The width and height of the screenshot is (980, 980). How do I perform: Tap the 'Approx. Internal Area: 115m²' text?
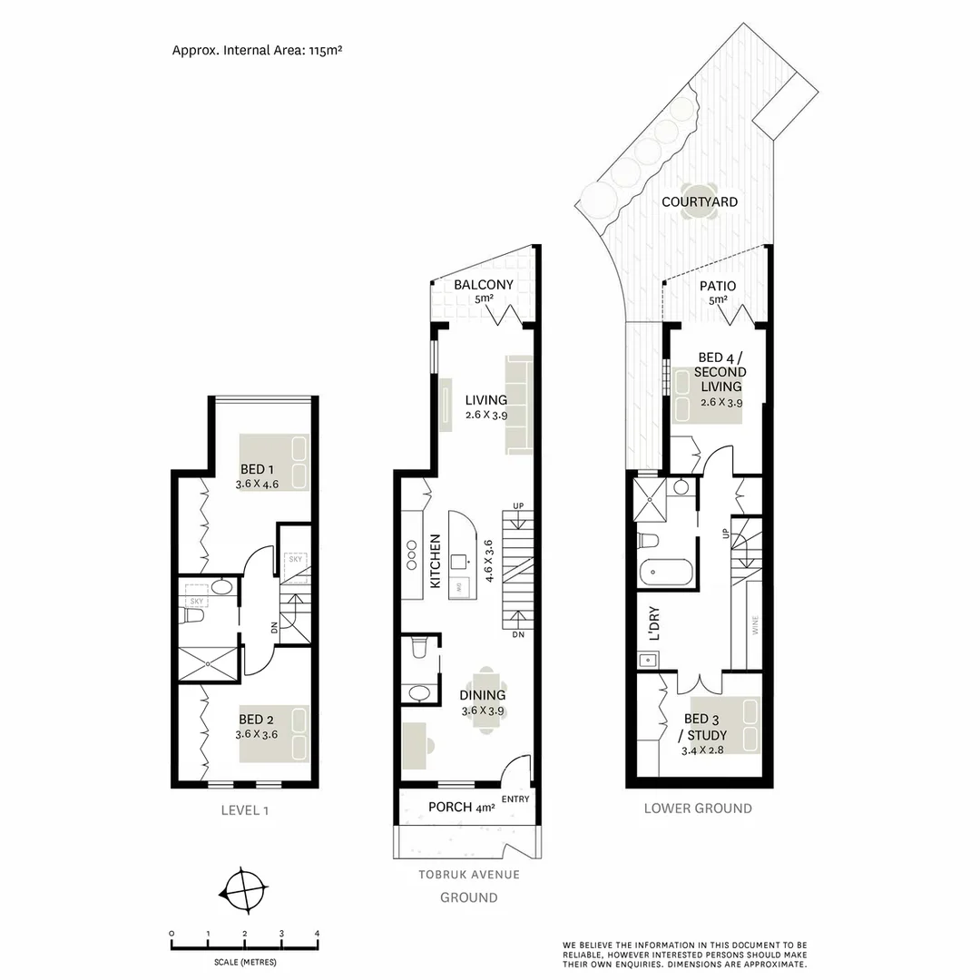coord(257,50)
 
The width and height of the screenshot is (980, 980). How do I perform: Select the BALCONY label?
coord(484,285)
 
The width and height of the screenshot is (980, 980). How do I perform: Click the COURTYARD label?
coord(699,201)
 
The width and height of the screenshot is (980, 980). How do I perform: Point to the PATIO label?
coord(717,287)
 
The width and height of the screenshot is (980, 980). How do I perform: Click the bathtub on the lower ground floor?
coord(665,573)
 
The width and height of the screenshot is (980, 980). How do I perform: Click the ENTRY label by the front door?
coord(514,799)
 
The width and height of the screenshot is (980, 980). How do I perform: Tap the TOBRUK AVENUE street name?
coord(468,875)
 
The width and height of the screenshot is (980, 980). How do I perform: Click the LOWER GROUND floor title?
coord(697,808)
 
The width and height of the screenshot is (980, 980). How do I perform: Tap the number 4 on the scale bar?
coord(317,934)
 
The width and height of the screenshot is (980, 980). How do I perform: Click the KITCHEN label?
coord(436,563)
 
